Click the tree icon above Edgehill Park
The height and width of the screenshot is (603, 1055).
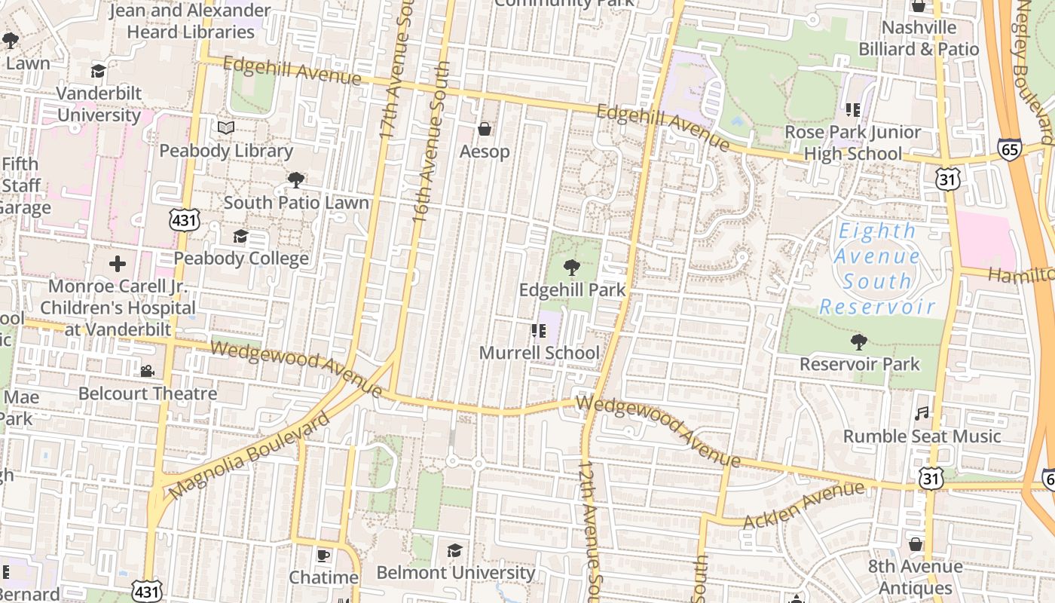572,267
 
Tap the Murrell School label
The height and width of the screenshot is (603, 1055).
540,353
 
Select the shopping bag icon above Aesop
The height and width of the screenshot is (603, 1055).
485,129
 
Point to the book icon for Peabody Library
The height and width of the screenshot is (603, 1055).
226,127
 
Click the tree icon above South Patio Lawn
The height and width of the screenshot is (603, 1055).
296,180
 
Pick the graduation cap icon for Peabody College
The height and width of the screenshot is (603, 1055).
240,237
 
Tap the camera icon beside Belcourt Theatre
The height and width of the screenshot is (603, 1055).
147,371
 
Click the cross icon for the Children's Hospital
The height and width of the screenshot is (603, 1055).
118,264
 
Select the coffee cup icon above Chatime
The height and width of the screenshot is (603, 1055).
323,556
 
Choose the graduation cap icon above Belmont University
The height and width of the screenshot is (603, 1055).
454,550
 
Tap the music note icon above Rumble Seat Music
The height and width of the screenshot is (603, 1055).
922,413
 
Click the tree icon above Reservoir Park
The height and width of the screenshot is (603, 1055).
858,342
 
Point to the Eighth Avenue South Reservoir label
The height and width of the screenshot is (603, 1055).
877,268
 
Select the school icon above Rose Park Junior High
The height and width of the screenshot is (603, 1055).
853,110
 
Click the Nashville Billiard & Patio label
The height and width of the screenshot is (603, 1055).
919,38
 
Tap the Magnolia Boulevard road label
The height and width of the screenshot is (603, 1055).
249,455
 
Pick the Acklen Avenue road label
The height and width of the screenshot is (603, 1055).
804,506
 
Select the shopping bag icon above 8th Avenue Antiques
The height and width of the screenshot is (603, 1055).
916,544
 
